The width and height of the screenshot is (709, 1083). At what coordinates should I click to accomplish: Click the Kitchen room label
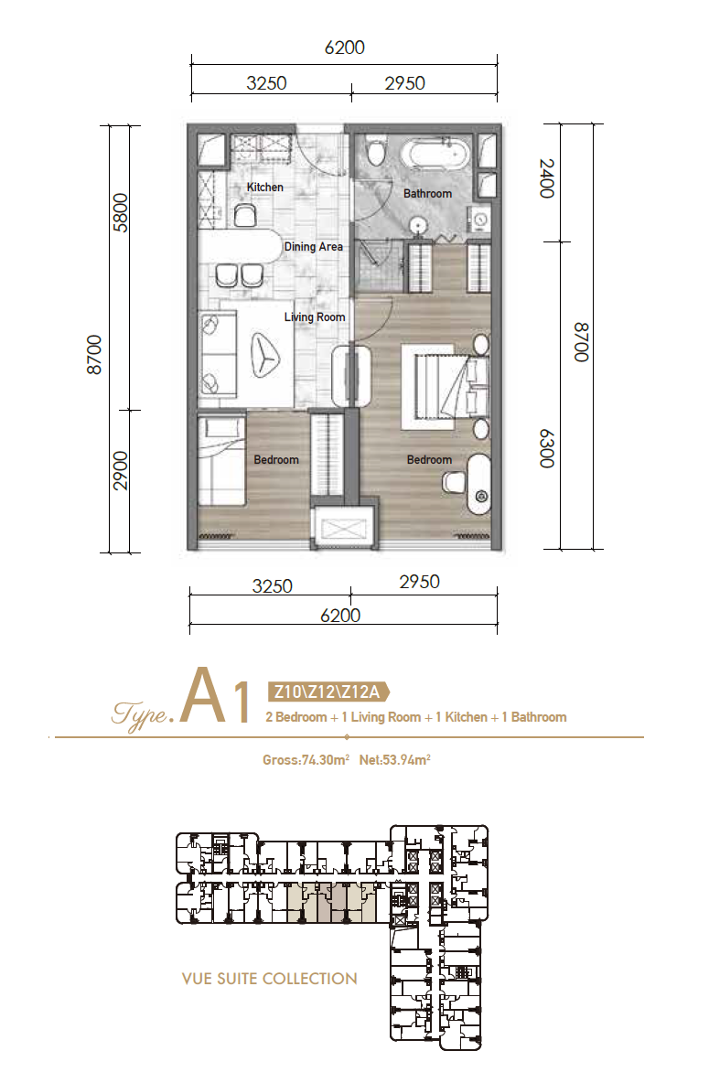pyautogui.click(x=264, y=188)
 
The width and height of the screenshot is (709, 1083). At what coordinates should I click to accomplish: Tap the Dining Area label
pyautogui.click(x=313, y=247)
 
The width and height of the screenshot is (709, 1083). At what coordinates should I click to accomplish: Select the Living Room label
pyautogui.click(x=315, y=317)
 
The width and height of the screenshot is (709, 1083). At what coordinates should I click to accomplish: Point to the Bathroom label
pyautogui.click(x=428, y=194)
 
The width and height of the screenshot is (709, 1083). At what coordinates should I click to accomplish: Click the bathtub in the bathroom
pyautogui.click(x=439, y=154)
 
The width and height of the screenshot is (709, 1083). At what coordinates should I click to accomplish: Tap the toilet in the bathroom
pyautogui.click(x=376, y=152)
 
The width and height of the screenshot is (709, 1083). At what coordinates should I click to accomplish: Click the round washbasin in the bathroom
pyautogui.click(x=416, y=224)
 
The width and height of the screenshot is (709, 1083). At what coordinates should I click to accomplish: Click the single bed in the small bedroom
pyautogui.click(x=221, y=459)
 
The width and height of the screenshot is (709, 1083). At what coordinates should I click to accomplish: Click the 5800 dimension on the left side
pyautogui.click(x=120, y=213)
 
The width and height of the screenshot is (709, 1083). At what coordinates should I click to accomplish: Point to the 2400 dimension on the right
pyautogui.click(x=547, y=178)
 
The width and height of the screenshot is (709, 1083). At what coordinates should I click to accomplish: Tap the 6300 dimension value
pyautogui.click(x=547, y=448)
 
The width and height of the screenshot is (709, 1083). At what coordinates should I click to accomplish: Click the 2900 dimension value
pyautogui.click(x=120, y=470)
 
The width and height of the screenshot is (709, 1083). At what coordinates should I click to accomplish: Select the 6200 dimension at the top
pyautogui.click(x=344, y=48)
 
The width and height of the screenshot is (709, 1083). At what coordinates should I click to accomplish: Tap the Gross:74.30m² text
pyautogui.click(x=306, y=760)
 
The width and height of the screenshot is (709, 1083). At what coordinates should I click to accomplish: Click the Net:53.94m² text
pyautogui.click(x=394, y=760)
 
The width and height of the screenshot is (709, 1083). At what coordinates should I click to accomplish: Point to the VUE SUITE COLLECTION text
pyautogui.click(x=270, y=979)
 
